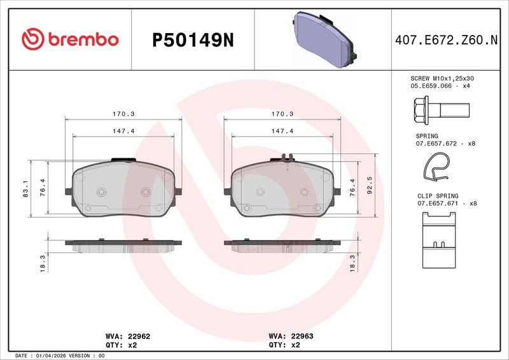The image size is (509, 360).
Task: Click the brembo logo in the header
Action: [x=70, y=39]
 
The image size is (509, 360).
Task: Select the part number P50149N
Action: [x=193, y=40]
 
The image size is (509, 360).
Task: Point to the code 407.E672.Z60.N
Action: [x=446, y=40]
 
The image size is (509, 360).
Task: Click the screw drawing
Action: [x=442, y=111]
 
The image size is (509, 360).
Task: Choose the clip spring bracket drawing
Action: [x=439, y=240]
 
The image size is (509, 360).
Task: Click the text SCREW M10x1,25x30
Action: [x=442, y=79]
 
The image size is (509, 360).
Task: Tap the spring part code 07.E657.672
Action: [x=436, y=144]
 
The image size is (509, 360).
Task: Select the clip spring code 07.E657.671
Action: [x=438, y=204]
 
